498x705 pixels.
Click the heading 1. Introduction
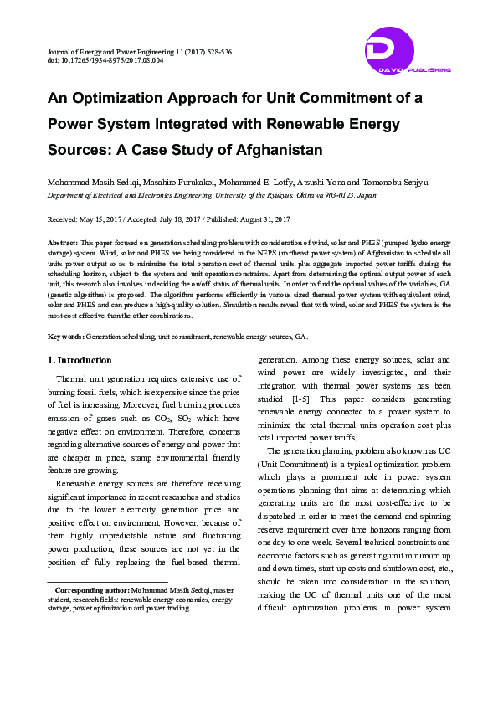click(x=80, y=361)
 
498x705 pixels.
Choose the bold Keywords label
click(x=64, y=336)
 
